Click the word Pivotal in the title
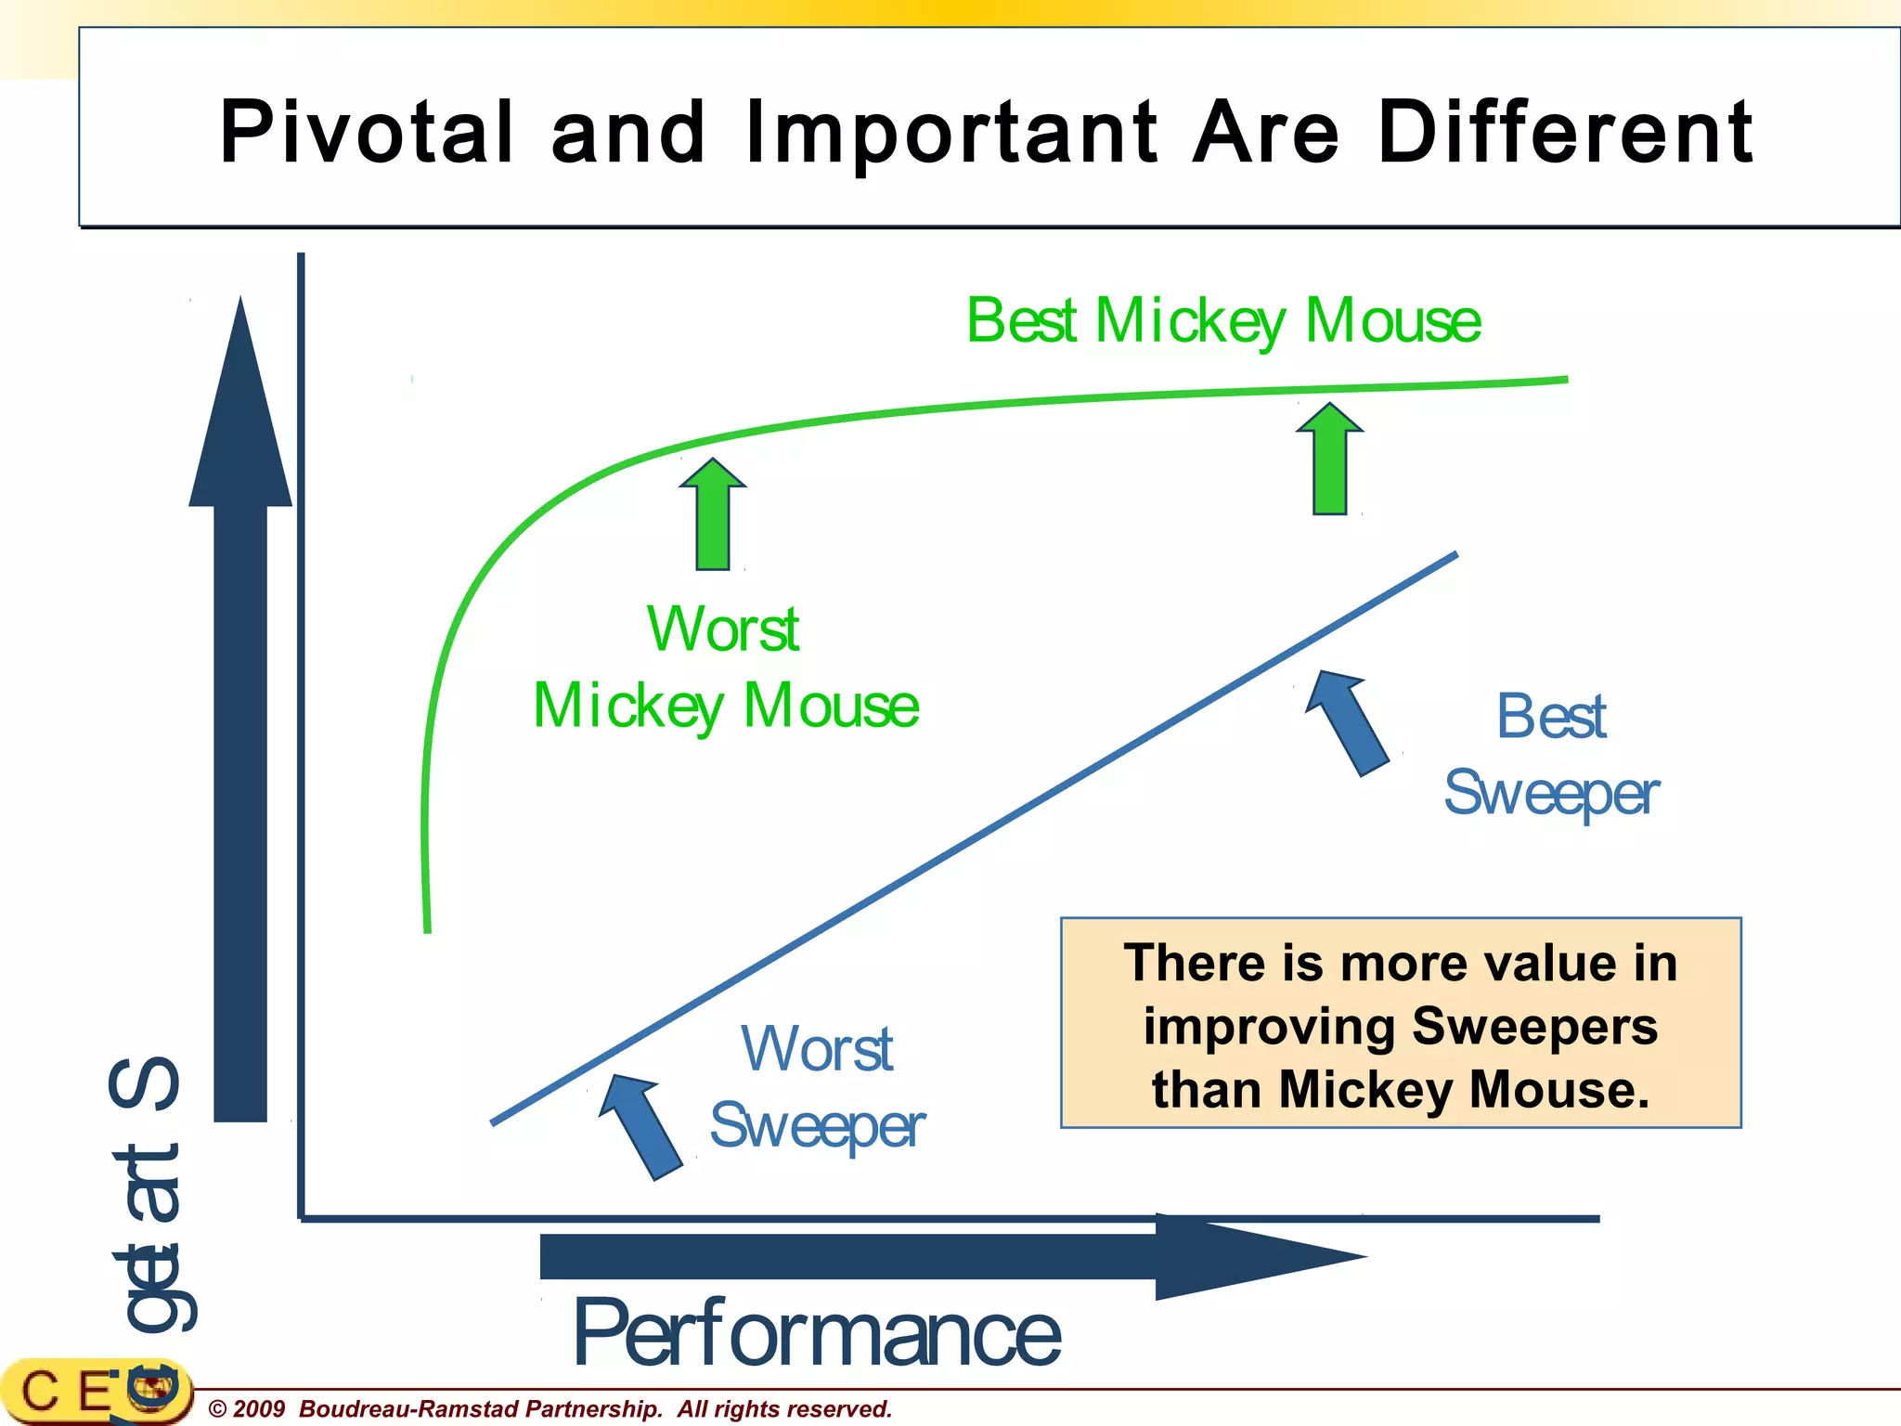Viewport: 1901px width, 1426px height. (x=367, y=133)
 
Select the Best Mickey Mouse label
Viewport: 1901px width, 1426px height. (x=1223, y=321)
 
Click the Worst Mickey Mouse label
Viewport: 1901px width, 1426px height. (x=725, y=668)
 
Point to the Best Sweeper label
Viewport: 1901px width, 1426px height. (x=1551, y=755)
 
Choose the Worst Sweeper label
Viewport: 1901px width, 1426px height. (x=817, y=1087)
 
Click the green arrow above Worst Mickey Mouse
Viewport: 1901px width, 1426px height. (x=713, y=514)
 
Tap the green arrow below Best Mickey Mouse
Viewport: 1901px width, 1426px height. (x=1330, y=459)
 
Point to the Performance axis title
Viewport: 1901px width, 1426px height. (x=817, y=1333)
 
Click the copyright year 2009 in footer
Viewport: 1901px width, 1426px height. (x=258, y=1409)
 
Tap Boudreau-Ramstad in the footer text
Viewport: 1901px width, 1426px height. (x=408, y=1409)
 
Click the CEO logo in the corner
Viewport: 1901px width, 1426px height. (x=93, y=1393)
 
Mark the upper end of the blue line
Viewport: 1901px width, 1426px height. (x=1455, y=555)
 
